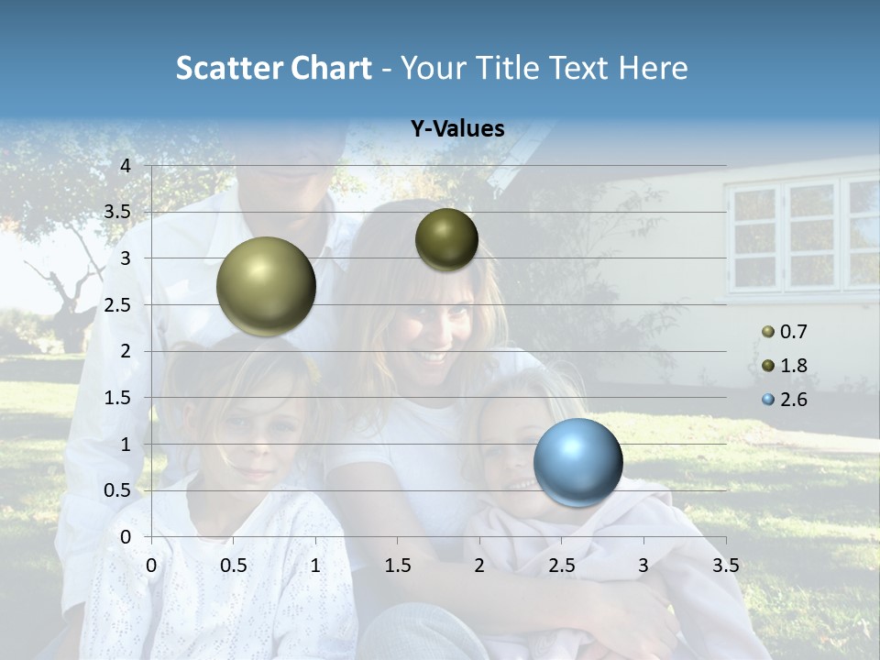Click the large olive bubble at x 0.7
(266, 286)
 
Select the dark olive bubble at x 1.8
(446, 239)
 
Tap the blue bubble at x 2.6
(577, 462)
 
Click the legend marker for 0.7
(768, 332)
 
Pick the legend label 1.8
(793, 366)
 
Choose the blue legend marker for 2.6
(768, 400)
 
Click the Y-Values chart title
(456, 129)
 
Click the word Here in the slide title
(654, 68)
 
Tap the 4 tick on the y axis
(126, 166)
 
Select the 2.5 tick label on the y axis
(118, 305)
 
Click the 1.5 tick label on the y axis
(118, 398)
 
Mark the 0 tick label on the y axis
(126, 536)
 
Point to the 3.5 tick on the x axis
(725, 566)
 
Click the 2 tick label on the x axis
(479, 566)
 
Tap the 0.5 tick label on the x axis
(234, 566)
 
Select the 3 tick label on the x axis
(643, 566)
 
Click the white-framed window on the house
(804, 234)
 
